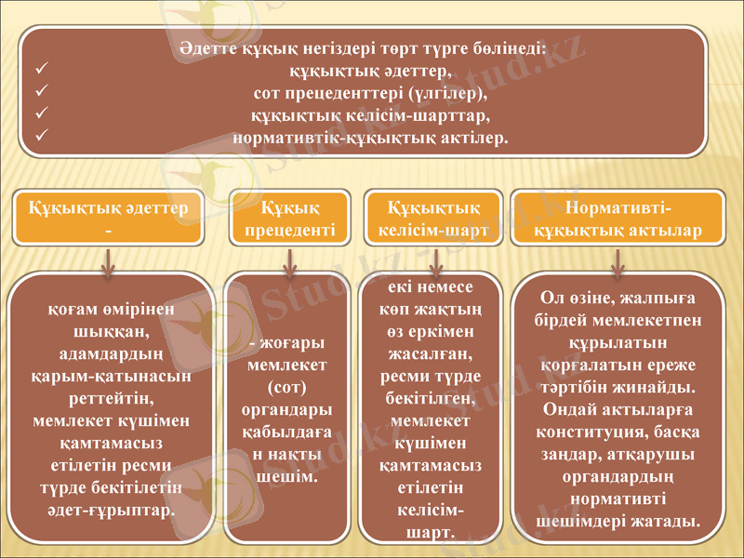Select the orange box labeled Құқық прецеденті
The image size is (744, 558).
(x=290, y=217)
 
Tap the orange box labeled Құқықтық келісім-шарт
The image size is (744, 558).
(x=432, y=217)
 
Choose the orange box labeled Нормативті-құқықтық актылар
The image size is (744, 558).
(x=618, y=217)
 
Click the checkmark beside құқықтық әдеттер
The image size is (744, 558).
(x=39, y=71)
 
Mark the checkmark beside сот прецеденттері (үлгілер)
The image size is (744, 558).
(x=39, y=93)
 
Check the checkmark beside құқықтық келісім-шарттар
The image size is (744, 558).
(x=39, y=115)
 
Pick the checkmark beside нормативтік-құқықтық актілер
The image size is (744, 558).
(x=39, y=138)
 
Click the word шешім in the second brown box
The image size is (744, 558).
(x=284, y=475)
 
